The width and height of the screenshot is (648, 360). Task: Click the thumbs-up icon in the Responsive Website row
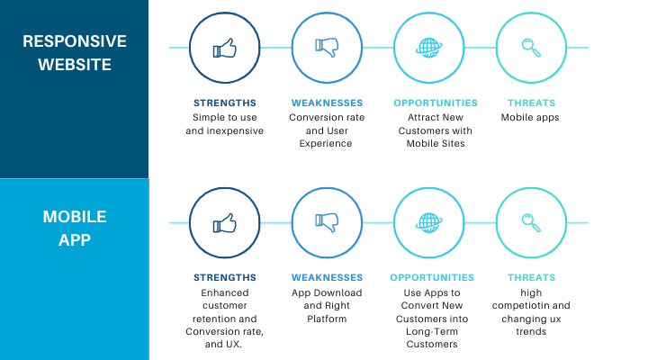tap(224, 48)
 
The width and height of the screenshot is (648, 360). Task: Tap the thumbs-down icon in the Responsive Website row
tap(327, 48)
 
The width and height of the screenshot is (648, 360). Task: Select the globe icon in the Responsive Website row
tap(429, 48)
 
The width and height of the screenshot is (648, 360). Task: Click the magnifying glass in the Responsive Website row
tap(531, 48)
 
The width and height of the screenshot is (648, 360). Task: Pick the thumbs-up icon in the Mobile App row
tap(224, 223)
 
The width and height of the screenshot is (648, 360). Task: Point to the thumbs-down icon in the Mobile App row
tap(327, 223)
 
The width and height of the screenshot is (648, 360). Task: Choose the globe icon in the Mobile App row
tap(429, 223)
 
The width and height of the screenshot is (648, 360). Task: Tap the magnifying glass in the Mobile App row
tap(531, 222)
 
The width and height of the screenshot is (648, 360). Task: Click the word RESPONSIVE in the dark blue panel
tap(75, 41)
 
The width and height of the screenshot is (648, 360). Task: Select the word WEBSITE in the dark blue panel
tap(75, 65)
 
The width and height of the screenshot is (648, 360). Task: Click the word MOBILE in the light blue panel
tap(75, 217)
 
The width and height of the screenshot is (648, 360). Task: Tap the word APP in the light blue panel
tap(75, 239)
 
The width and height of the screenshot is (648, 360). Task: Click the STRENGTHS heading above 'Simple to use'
tap(225, 103)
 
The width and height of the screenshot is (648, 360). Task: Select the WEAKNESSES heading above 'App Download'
tap(327, 278)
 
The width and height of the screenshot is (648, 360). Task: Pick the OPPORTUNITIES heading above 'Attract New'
tap(436, 103)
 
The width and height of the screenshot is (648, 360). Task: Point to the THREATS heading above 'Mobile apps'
tap(532, 103)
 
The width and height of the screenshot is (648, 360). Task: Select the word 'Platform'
tap(327, 319)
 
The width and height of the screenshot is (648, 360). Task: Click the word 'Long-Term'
tap(432, 332)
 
